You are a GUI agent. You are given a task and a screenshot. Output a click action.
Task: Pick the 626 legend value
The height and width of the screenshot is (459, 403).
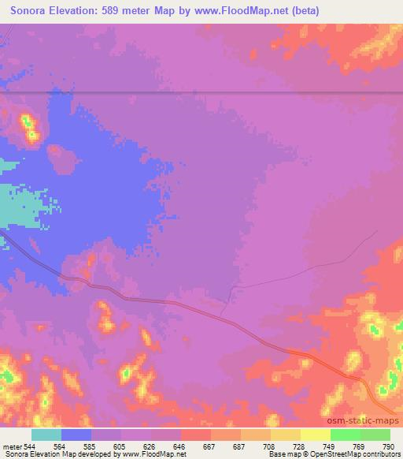[150, 446]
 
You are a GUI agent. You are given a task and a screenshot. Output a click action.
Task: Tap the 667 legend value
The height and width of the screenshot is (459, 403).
[210, 446]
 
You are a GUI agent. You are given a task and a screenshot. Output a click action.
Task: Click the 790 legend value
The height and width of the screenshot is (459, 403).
[387, 446]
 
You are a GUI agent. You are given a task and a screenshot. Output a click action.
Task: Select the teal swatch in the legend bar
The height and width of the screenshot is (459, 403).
[46, 435]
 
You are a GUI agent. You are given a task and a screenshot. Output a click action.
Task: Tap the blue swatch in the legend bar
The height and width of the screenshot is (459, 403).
[76, 435]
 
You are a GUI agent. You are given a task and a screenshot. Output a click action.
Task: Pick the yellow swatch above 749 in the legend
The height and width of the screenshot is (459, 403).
[316, 435]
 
